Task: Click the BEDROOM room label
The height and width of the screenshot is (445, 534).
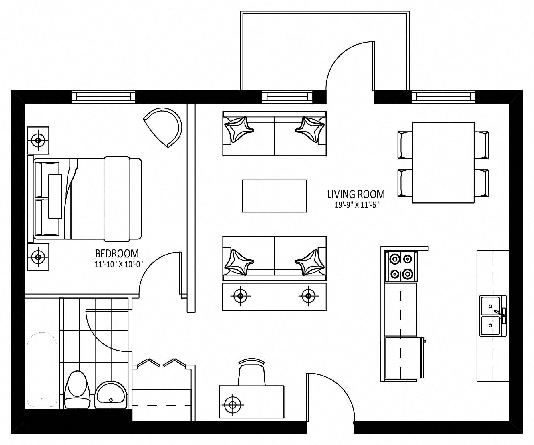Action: [x=117, y=254]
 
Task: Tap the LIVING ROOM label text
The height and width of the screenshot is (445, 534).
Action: [x=356, y=194]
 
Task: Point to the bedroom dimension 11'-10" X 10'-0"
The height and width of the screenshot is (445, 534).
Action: [x=119, y=265]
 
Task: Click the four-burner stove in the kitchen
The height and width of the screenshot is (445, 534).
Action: [x=400, y=267]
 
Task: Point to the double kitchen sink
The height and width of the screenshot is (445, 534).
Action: [x=493, y=316]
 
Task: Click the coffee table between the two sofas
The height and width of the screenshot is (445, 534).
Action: [x=274, y=196]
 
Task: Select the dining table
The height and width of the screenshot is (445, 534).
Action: [x=443, y=162]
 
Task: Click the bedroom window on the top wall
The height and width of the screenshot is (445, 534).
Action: [x=103, y=97]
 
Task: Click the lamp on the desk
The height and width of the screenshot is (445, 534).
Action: [x=233, y=405]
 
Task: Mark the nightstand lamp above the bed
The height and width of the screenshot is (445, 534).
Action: [x=38, y=140]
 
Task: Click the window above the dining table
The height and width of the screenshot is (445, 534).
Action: [x=443, y=97]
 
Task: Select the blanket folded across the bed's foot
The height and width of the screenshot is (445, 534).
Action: [x=117, y=199]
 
